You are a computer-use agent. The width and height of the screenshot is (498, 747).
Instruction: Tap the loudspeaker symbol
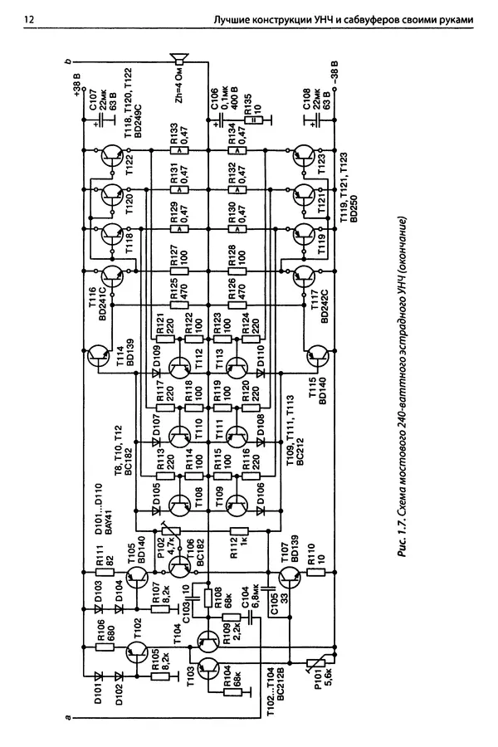click(x=178, y=61)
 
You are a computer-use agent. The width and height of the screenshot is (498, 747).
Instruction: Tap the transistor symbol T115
click(x=315, y=358)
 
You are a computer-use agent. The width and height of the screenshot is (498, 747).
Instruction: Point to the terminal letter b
click(x=68, y=61)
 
